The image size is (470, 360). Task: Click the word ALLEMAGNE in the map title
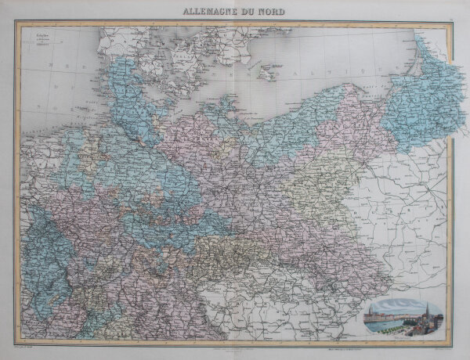(x=210, y=12)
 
